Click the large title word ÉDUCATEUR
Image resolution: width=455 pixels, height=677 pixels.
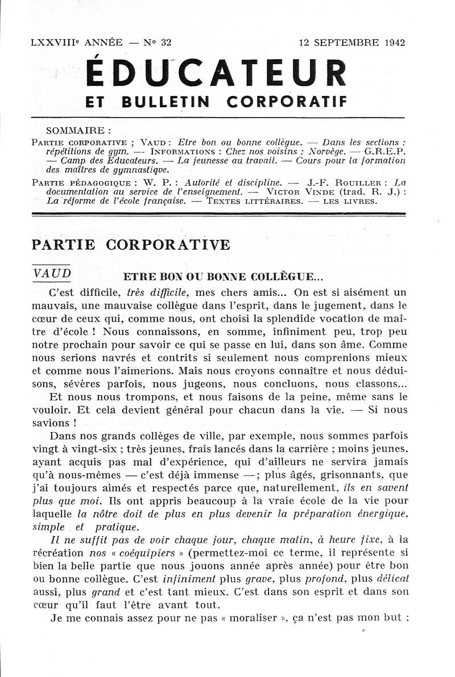click(216, 73)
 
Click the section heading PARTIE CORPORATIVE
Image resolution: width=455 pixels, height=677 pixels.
click(131, 245)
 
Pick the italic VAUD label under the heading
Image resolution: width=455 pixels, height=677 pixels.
click(52, 273)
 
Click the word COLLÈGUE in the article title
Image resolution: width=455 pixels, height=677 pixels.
click(292, 278)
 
